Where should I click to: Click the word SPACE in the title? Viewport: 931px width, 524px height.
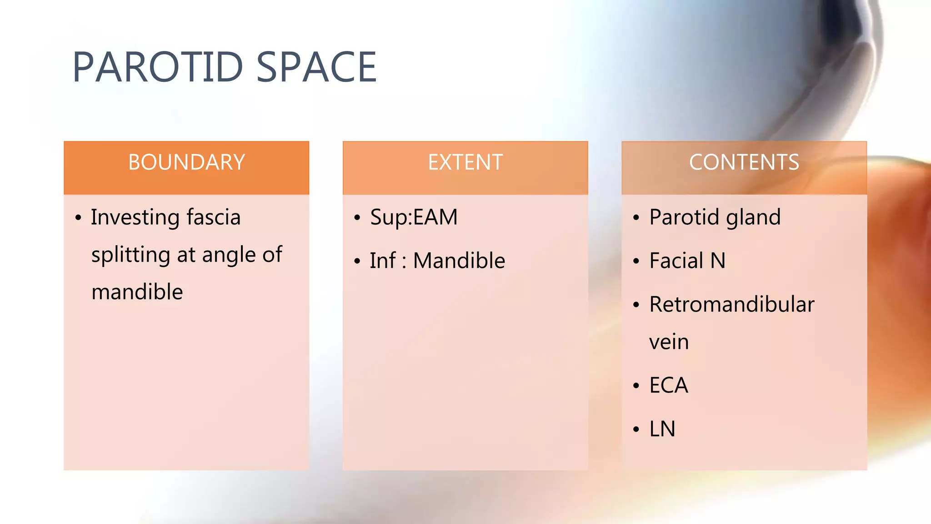(x=316, y=67)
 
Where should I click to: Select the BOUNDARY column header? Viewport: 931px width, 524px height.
(x=186, y=162)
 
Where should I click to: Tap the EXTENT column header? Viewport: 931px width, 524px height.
(x=465, y=162)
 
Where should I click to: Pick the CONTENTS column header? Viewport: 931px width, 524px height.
(x=744, y=162)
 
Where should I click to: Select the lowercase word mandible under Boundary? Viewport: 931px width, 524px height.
(x=137, y=292)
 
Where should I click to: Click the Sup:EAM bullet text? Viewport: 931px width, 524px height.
(x=414, y=217)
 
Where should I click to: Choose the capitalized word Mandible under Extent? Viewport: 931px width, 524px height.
(x=459, y=261)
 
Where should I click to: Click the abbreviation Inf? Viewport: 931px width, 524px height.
(x=382, y=261)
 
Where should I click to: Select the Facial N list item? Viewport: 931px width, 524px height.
(x=687, y=261)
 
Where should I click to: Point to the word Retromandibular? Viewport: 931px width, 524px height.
(x=731, y=304)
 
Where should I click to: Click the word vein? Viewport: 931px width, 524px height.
(x=669, y=342)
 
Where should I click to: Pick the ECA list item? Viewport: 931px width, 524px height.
(x=668, y=385)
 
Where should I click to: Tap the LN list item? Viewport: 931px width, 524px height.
(x=662, y=429)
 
